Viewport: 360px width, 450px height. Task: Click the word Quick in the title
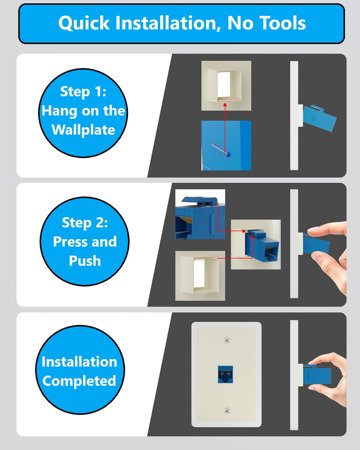coord(84,23)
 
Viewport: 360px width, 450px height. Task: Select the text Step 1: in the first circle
coord(83,92)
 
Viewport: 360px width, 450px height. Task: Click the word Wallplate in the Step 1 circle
coord(83,130)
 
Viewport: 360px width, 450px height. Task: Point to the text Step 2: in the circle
coord(85,223)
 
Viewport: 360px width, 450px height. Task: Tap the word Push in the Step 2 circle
coord(85,261)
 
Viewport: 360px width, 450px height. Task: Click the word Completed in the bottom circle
coord(79,381)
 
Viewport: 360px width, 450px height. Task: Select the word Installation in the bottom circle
coord(79,361)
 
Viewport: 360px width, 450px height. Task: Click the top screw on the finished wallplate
coord(227,340)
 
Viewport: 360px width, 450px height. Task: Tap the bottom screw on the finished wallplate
coord(227,411)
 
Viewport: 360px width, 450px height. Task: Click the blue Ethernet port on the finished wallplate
coord(225,374)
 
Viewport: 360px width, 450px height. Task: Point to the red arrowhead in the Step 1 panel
coord(225,104)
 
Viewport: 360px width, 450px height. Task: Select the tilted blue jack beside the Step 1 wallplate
coord(319,118)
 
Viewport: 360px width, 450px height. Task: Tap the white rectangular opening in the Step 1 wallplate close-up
coord(224,85)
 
